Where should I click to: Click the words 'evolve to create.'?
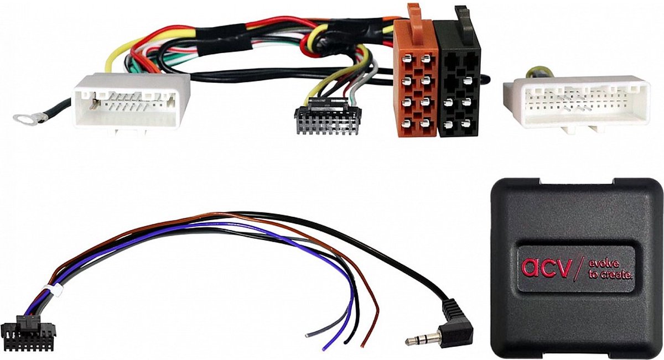point(610,269)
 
